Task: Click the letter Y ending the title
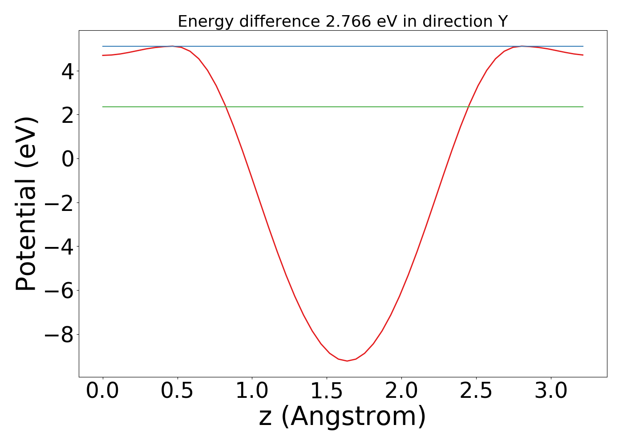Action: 503,21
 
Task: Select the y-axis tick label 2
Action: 68,115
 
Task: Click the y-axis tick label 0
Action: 68,159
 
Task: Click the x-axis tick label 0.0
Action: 103,391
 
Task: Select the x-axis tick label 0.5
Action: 178,391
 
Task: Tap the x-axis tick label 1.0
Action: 252,391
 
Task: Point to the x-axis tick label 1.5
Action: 327,391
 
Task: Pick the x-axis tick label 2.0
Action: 401,391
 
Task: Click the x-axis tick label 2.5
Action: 476,391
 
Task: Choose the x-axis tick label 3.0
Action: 551,391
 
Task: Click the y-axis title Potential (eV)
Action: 27,204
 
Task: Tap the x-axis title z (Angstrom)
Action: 343,417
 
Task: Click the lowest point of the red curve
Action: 347,361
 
